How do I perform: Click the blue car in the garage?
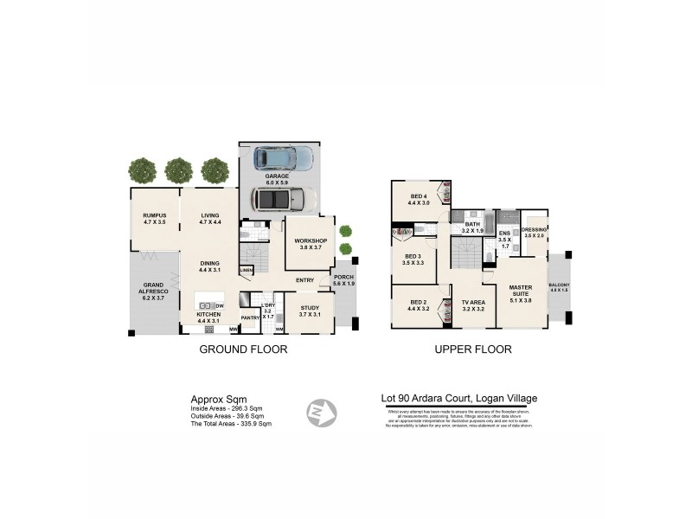pyautogui.click(x=283, y=158)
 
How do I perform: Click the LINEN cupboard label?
pyautogui.click(x=247, y=272)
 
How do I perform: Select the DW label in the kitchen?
pyautogui.click(x=221, y=305)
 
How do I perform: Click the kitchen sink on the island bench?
pyautogui.click(x=206, y=305)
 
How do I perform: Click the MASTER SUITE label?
pyautogui.click(x=520, y=292)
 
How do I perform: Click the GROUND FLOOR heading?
pyautogui.click(x=243, y=349)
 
